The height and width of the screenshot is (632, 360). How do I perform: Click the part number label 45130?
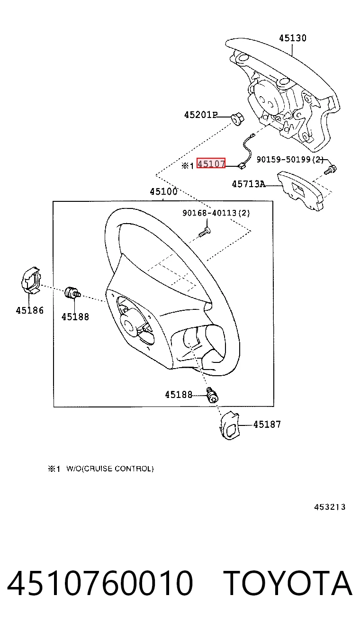click(293, 38)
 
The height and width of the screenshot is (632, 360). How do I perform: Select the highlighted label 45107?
click(211, 163)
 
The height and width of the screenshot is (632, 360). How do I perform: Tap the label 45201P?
click(200, 115)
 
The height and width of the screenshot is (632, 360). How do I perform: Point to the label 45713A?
click(249, 184)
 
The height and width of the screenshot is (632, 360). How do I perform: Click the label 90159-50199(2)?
click(290, 160)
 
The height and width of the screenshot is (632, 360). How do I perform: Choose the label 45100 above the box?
click(163, 191)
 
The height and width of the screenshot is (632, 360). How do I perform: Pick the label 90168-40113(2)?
click(216, 213)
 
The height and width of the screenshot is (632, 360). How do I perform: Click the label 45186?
click(30, 310)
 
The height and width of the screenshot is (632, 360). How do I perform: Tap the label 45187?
click(267, 424)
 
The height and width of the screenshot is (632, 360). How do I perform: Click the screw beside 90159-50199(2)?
click(330, 170)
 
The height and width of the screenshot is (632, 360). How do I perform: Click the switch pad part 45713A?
click(300, 191)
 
